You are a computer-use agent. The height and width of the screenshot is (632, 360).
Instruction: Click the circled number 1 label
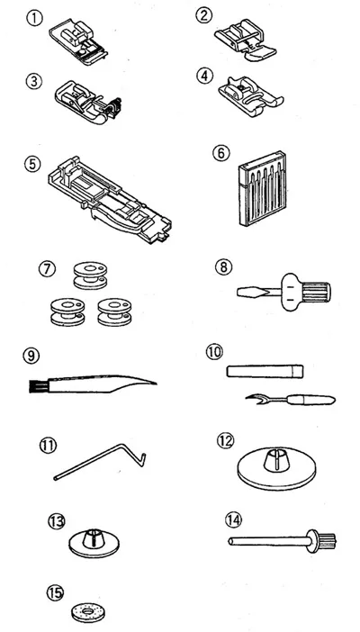pos(34,18)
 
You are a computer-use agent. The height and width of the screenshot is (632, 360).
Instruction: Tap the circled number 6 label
pos(220,153)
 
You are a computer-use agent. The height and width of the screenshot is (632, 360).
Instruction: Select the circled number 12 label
pos(225,441)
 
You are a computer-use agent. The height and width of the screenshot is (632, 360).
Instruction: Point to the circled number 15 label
pos(55,593)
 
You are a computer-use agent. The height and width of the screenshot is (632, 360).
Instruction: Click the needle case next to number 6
pos(262,188)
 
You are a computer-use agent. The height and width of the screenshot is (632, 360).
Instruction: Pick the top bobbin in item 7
pos(90,275)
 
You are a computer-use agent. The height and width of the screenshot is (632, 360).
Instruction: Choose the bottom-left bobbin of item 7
pos(67,312)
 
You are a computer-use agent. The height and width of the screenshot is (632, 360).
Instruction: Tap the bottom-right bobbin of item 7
pos(114,312)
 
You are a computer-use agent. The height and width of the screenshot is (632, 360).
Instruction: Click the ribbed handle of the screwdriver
pos(316,292)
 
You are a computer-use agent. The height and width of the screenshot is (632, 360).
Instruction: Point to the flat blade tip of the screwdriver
pos(247,292)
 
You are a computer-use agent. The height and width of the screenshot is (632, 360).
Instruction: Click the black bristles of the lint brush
pos(33,386)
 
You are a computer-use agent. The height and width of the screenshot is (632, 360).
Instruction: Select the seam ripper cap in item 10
pos(265,371)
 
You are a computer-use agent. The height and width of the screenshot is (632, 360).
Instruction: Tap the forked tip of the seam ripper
pos(252,399)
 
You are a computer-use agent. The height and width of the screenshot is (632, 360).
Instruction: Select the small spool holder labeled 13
pos(94,543)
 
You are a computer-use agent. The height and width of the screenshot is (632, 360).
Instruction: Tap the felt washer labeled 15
pos(87,613)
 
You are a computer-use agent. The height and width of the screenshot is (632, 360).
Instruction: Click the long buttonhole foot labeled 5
pos(110,201)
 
